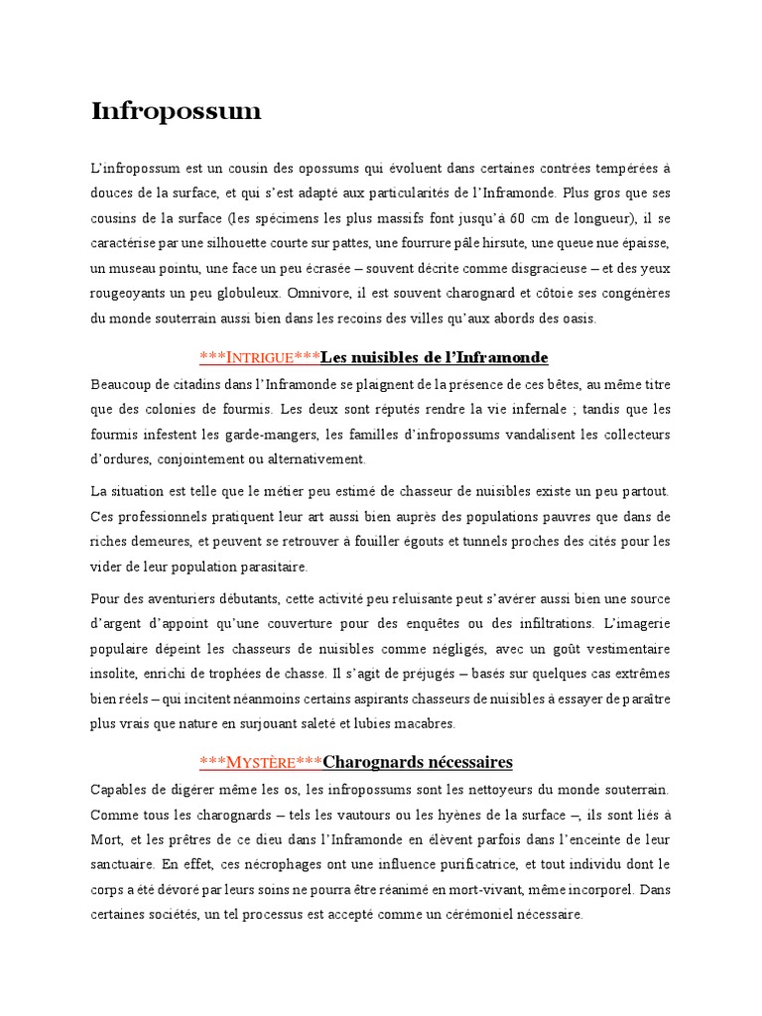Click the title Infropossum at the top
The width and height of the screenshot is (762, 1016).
(176, 112)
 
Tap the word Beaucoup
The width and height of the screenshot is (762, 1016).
(122, 384)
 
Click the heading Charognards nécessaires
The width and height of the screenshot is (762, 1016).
(418, 763)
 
